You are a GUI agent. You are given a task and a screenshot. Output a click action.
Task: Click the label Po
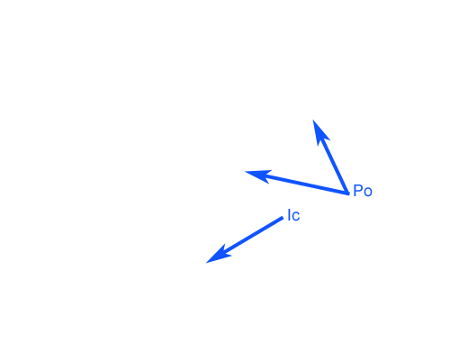pyautogui.click(x=363, y=191)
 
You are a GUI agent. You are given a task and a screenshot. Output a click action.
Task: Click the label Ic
pyautogui.click(x=293, y=215)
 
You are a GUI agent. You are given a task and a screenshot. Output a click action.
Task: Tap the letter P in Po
pyautogui.click(x=358, y=191)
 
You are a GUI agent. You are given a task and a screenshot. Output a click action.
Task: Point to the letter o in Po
pyautogui.click(x=368, y=193)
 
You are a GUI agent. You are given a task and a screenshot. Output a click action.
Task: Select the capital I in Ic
pyautogui.click(x=289, y=215)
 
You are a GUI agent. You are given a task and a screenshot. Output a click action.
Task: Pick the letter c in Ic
pyautogui.click(x=296, y=217)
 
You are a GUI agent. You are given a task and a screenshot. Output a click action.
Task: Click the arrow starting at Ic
pyautogui.click(x=245, y=240)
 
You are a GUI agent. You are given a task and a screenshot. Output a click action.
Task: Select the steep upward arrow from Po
pyautogui.click(x=330, y=157)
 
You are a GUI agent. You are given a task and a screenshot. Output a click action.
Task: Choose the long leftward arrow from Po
pyautogui.click(x=297, y=183)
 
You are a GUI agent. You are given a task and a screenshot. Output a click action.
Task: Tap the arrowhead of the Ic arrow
pyautogui.click(x=219, y=256)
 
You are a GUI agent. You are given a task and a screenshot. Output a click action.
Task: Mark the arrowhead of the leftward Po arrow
pyautogui.click(x=258, y=175)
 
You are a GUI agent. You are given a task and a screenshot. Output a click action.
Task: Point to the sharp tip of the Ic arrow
pyautogui.click(x=206, y=263)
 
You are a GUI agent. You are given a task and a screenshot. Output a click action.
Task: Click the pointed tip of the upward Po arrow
pyautogui.click(x=313, y=120)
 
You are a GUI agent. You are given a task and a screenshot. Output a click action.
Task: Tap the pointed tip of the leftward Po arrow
pyautogui.click(x=245, y=172)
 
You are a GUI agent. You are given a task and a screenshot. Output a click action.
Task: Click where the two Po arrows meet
pyautogui.click(x=348, y=193)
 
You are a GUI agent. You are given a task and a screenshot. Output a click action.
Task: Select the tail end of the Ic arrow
pyautogui.click(x=283, y=218)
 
